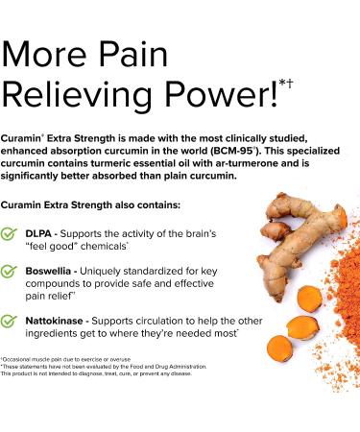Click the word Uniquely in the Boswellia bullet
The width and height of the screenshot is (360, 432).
click(119, 273)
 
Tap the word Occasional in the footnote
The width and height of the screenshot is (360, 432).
click(22, 357)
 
